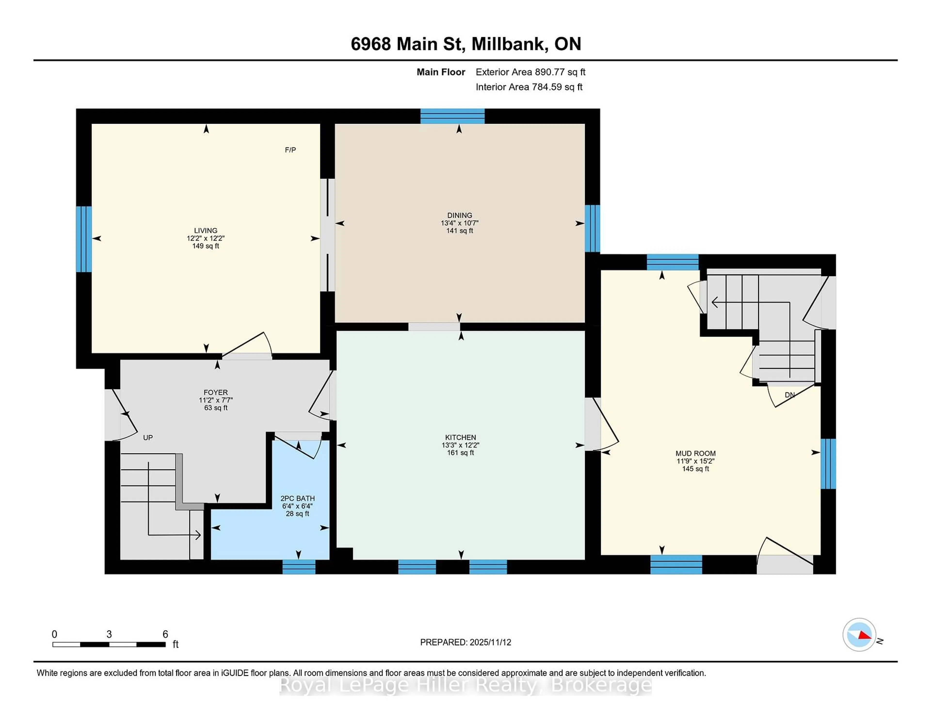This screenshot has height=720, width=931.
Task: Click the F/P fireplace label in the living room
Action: point(290,150)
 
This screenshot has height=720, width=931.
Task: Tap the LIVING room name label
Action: point(205,230)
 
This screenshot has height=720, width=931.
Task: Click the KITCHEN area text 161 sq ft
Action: point(460,453)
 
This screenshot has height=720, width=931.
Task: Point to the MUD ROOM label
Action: point(695,453)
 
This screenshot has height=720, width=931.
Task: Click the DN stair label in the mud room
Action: point(789,395)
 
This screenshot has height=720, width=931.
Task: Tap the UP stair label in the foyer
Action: point(148,438)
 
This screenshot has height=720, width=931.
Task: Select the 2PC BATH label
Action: point(297,498)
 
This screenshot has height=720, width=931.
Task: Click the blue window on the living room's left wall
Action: point(84,239)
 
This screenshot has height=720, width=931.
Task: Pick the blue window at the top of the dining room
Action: point(452,116)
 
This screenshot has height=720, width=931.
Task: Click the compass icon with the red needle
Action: point(859,635)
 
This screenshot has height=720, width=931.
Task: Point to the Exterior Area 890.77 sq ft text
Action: point(530,72)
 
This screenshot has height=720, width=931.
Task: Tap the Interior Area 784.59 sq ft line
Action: point(529,87)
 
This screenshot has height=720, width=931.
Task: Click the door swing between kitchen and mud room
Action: point(602,425)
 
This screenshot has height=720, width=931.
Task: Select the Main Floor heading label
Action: point(441,72)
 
